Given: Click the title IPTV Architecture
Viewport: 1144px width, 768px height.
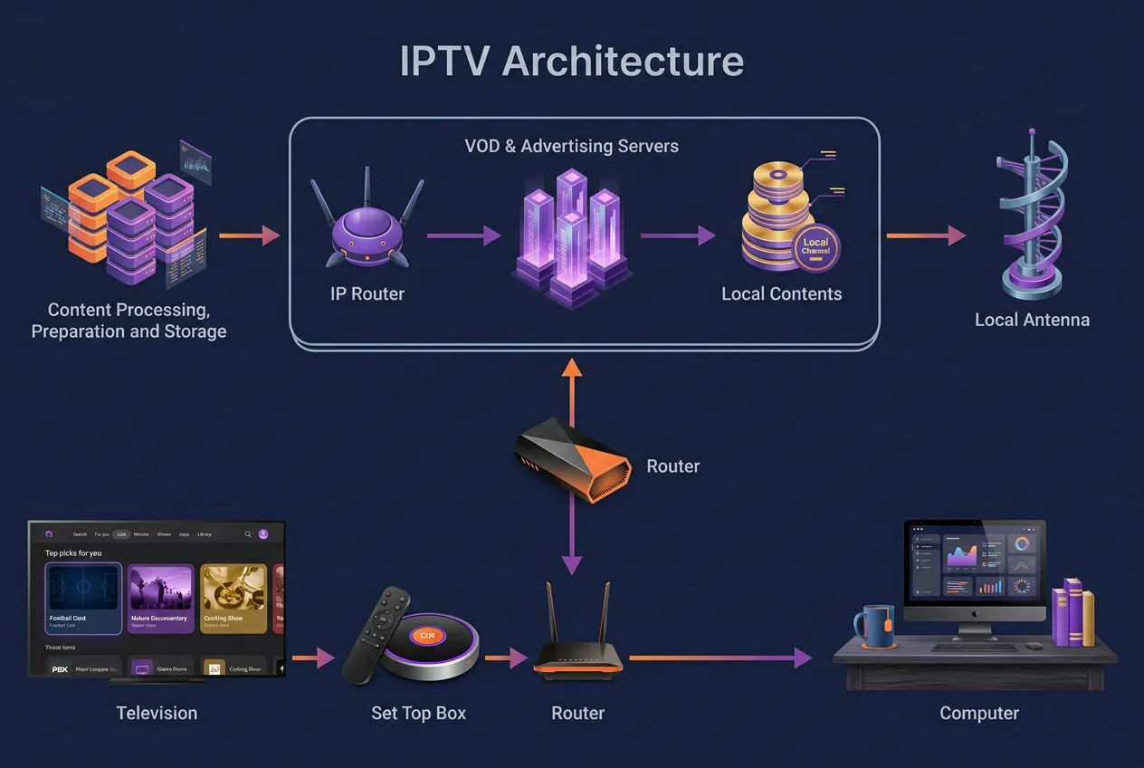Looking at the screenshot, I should [x=572, y=62].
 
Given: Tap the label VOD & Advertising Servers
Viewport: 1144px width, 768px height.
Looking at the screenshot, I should [x=571, y=146].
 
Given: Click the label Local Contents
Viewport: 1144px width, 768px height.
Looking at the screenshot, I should [x=781, y=293].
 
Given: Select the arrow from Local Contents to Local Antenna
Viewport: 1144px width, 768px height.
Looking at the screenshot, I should [x=925, y=235].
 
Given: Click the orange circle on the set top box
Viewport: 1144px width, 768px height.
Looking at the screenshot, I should [x=428, y=636].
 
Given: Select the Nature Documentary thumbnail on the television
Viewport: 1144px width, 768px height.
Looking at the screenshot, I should [x=160, y=599].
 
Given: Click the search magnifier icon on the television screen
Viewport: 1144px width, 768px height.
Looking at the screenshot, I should [x=248, y=534].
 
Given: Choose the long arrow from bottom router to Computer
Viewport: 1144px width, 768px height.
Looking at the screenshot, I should [x=720, y=658].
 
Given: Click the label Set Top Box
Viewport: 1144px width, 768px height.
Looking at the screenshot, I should [x=418, y=713].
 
